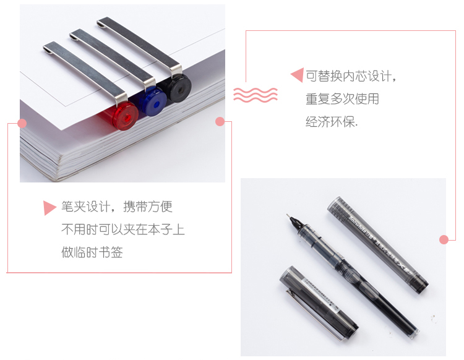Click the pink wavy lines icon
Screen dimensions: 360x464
255,95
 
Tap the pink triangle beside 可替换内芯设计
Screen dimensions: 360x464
297,75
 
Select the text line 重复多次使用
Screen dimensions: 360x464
342,99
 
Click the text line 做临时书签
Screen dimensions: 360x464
92,252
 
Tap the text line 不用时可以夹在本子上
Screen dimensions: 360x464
122,229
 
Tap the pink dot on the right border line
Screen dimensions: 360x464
443,239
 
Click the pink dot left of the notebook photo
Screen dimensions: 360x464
23,123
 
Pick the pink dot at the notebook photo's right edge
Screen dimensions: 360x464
220,121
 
